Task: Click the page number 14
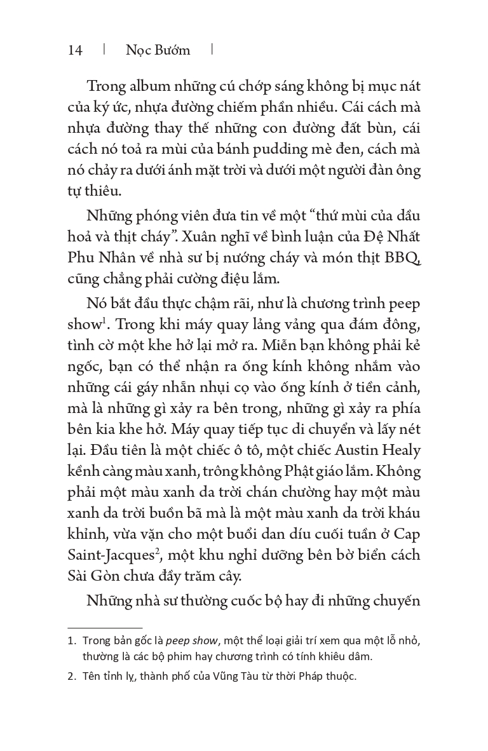coord(75,50)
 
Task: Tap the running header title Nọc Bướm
coord(158,50)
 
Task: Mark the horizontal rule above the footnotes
coord(105,627)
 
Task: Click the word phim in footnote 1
coord(180,656)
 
